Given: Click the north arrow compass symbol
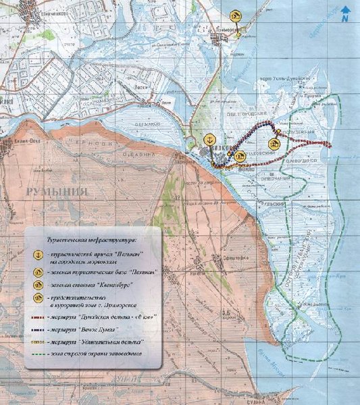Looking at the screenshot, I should pyautogui.click(x=345, y=13).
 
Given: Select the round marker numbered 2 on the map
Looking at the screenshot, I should pyautogui.click(x=274, y=143).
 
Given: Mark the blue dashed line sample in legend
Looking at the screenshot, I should pyautogui.click(x=41, y=330).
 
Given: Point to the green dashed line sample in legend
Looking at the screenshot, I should pyautogui.click(x=41, y=355).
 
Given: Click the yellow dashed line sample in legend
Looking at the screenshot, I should pyautogui.click(x=41, y=342).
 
